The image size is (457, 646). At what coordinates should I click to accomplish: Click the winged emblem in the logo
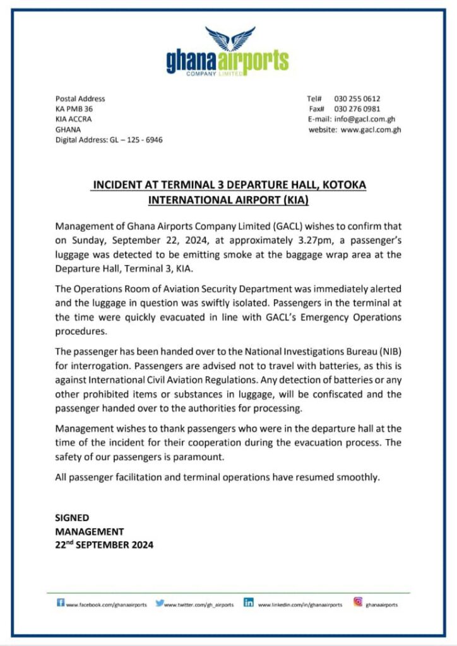[x=230, y=39]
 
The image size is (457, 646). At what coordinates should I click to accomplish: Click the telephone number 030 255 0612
[x=357, y=99]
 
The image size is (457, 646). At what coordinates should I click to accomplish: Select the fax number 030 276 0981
[x=357, y=109]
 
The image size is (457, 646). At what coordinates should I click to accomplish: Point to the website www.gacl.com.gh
[x=371, y=130]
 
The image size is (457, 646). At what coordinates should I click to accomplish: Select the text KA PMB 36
[x=74, y=109]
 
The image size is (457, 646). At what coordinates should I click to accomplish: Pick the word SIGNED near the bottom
[x=72, y=518]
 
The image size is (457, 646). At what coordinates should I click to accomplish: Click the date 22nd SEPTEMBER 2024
[x=104, y=544]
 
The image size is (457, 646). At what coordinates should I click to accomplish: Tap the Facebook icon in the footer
[x=61, y=602]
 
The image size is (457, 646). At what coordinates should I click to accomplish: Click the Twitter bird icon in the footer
[x=160, y=603]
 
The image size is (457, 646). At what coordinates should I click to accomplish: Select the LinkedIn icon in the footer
[x=249, y=602]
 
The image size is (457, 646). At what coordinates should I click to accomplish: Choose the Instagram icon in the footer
[x=358, y=602]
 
